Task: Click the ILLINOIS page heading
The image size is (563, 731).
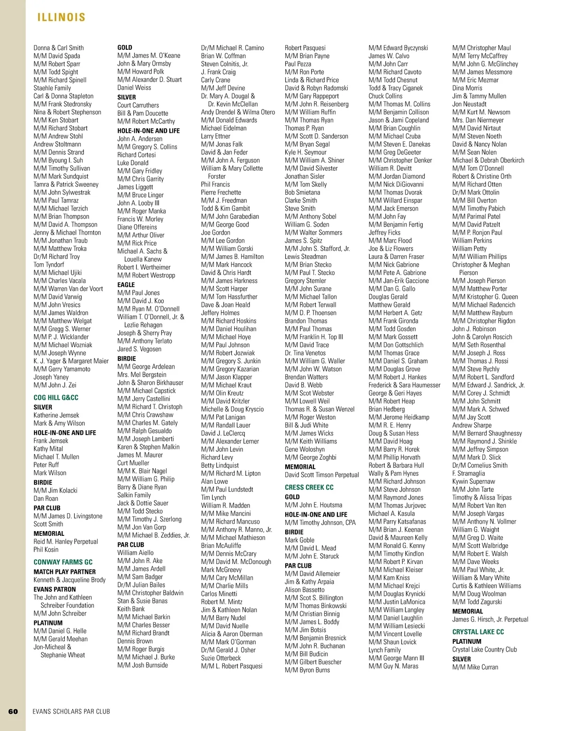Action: coord(61,17)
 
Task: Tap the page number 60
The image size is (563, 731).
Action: coord(13,711)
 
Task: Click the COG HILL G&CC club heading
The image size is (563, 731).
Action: coord(56,398)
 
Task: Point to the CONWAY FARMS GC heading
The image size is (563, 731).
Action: coord(63,562)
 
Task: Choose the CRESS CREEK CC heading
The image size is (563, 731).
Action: coord(309,487)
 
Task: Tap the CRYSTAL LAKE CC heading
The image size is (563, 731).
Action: coord(478,632)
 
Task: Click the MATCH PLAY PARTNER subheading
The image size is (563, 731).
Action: coord(64,572)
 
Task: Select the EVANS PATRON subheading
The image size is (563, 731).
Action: coord(54,589)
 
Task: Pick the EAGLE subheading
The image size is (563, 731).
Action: coord(126,285)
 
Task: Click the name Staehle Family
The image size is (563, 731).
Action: coord(52,88)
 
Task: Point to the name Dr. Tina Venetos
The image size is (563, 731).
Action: coord(305,353)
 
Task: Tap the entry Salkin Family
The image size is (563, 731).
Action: coord(134,495)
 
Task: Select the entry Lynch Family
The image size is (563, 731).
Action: coord(385,650)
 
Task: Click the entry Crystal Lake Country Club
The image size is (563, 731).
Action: coord(484,649)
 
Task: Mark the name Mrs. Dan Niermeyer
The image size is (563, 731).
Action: coord(478,120)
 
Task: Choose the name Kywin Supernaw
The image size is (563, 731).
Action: coord(473,481)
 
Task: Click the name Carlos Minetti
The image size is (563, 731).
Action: coord(219,594)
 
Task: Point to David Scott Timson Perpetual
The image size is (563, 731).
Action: coord(322,475)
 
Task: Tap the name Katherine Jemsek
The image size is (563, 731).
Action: coord(56,415)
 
